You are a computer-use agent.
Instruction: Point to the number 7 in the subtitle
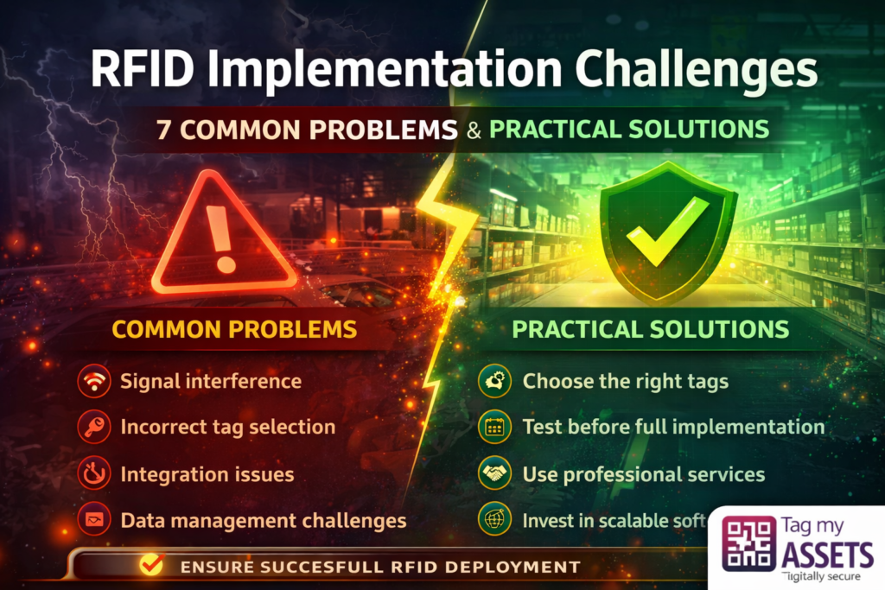pyautogui.click(x=162, y=129)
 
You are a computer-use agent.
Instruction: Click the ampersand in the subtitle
pyautogui.click(x=472, y=129)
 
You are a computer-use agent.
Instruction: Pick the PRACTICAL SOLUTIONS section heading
pyautogui.click(x=650, y=329)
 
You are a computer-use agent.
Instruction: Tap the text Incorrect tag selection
pyautogui.click(x=227, y=427)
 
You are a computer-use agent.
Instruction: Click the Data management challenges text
pyautogui.click(x=263, y=521)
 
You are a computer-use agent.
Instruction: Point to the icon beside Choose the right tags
pyautogui.click(x=493, y=381)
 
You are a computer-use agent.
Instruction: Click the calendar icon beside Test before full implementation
pyautogui.click(x=493, y=428)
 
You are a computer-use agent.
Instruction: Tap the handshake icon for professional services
pyautogui.click(x=493, y=474)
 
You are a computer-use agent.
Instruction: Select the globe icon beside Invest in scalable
pyautogui.click(x=493, y=521)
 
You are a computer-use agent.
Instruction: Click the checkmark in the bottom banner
pyautogui.click(x=151, y=566)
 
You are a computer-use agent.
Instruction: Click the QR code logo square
pyautogui.click(x=748, y=543)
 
